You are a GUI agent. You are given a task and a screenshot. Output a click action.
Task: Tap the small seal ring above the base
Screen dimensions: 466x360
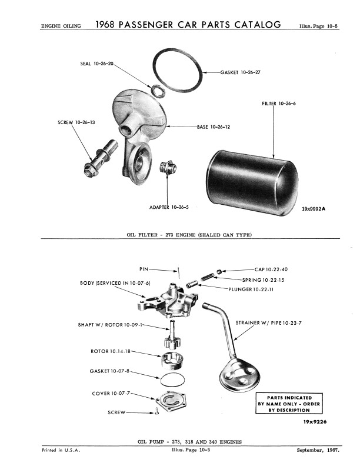coord(158,89)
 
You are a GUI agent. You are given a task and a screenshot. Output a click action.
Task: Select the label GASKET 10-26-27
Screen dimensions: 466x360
coord(241,72)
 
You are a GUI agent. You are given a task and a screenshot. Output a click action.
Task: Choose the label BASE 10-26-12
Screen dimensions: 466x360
coord(214,127)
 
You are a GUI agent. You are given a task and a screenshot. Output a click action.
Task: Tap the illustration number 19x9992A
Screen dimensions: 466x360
coord(313,209)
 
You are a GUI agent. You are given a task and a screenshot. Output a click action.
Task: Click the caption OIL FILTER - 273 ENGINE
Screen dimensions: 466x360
coord(189,235)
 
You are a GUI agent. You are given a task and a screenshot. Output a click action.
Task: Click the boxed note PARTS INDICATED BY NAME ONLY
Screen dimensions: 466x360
coord(289,403)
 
